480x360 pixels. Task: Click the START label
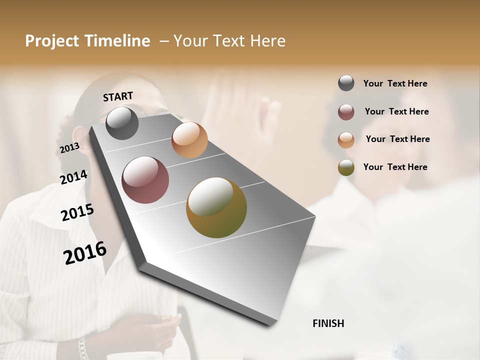tap(118, 96)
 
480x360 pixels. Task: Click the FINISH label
tap(328, 323)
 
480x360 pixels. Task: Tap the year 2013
tap(69, 148)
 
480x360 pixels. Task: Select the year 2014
tap(73, 177)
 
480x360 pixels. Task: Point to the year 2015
tap(77, 212)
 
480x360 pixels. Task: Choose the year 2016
tap(85, 253)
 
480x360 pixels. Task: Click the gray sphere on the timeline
tap(122, 123)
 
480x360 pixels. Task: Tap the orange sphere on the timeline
tap(189, 140)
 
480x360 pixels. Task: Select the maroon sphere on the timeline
tap(145, 180)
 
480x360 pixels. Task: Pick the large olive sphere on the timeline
tap(216, 207)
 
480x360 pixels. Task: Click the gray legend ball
tap(346, 83)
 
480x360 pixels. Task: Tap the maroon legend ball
tap(346, 112)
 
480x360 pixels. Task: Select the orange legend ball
tap(346, 140)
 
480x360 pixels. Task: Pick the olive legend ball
tap(346, 167)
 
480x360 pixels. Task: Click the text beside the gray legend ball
tap(395, 83)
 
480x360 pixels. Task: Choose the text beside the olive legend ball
tap(395, 167)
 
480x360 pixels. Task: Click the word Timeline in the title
tap(117, 41)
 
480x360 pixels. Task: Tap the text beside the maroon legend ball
tap(396, 111)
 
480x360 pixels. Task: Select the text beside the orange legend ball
tap(397, 139)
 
